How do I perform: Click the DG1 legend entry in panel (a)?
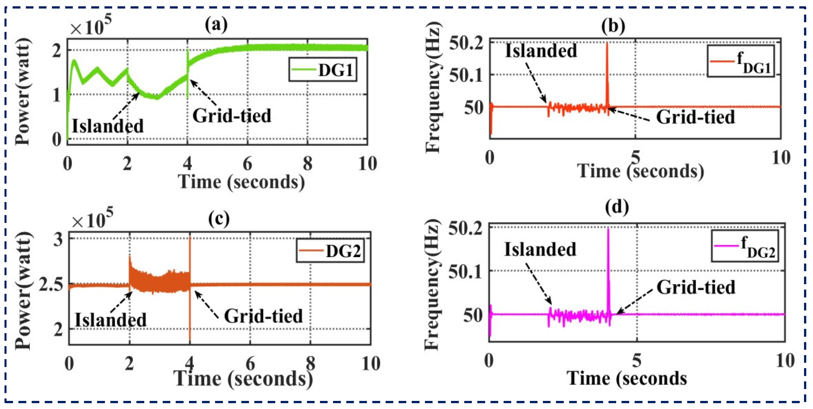click(322, 70)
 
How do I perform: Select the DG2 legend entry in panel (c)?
click(330, 251)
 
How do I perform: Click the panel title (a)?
click(216, 25)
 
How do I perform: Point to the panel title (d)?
click(617, 207)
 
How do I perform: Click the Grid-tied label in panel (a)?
click(232, 116)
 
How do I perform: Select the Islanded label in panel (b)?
click(541, 51)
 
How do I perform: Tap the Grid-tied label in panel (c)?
click(263, 316)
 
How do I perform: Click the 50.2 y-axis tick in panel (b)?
click(466, 43)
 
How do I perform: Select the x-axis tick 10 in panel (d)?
click(785, 361)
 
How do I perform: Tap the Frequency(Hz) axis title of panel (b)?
click(433, 88)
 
